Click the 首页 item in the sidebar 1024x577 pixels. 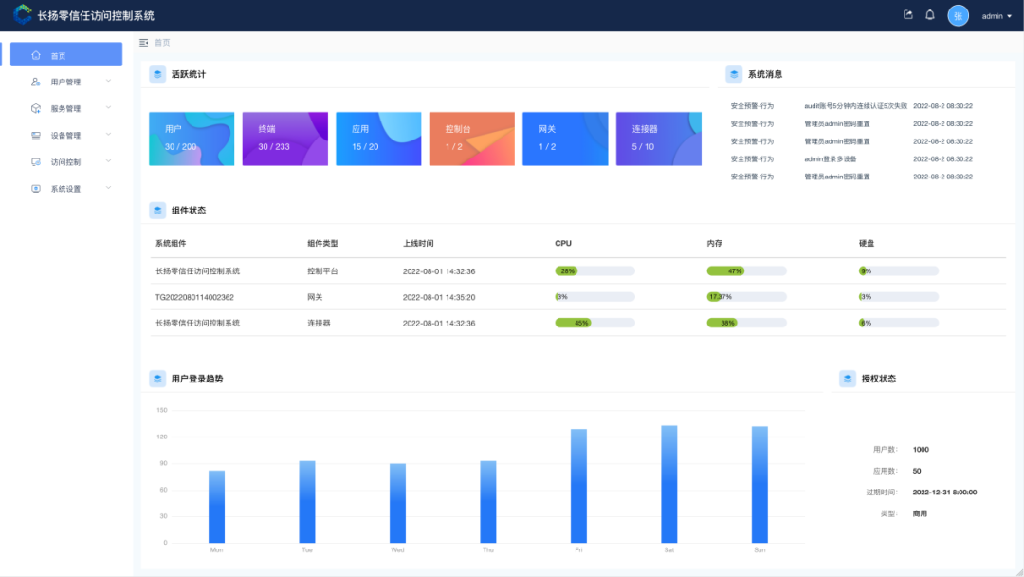click(65, 55)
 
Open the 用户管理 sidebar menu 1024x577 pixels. click(66, 82)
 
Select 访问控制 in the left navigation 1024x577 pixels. click(66, 162)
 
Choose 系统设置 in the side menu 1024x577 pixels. click(66, 189)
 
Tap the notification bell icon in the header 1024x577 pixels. click(930, 15)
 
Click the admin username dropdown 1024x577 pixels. click(997, 16)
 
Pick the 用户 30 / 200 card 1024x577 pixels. click(192, 139)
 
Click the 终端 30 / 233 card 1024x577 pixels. click(284, 139)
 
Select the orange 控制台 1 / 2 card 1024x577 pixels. click(471, 139)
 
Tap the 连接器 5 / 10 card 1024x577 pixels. click(658, 139)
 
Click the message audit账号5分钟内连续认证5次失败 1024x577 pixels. click(855, 106)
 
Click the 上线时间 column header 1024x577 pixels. click(418, 244)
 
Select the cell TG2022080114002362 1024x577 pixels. click(194, 297)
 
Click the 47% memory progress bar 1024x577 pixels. click(746, 271)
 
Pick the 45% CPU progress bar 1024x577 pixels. click(594, 323)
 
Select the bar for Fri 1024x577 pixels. click(578, 485)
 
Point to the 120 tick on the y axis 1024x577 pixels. click(161, 437)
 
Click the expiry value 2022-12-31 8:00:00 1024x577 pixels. click(944, 493)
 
